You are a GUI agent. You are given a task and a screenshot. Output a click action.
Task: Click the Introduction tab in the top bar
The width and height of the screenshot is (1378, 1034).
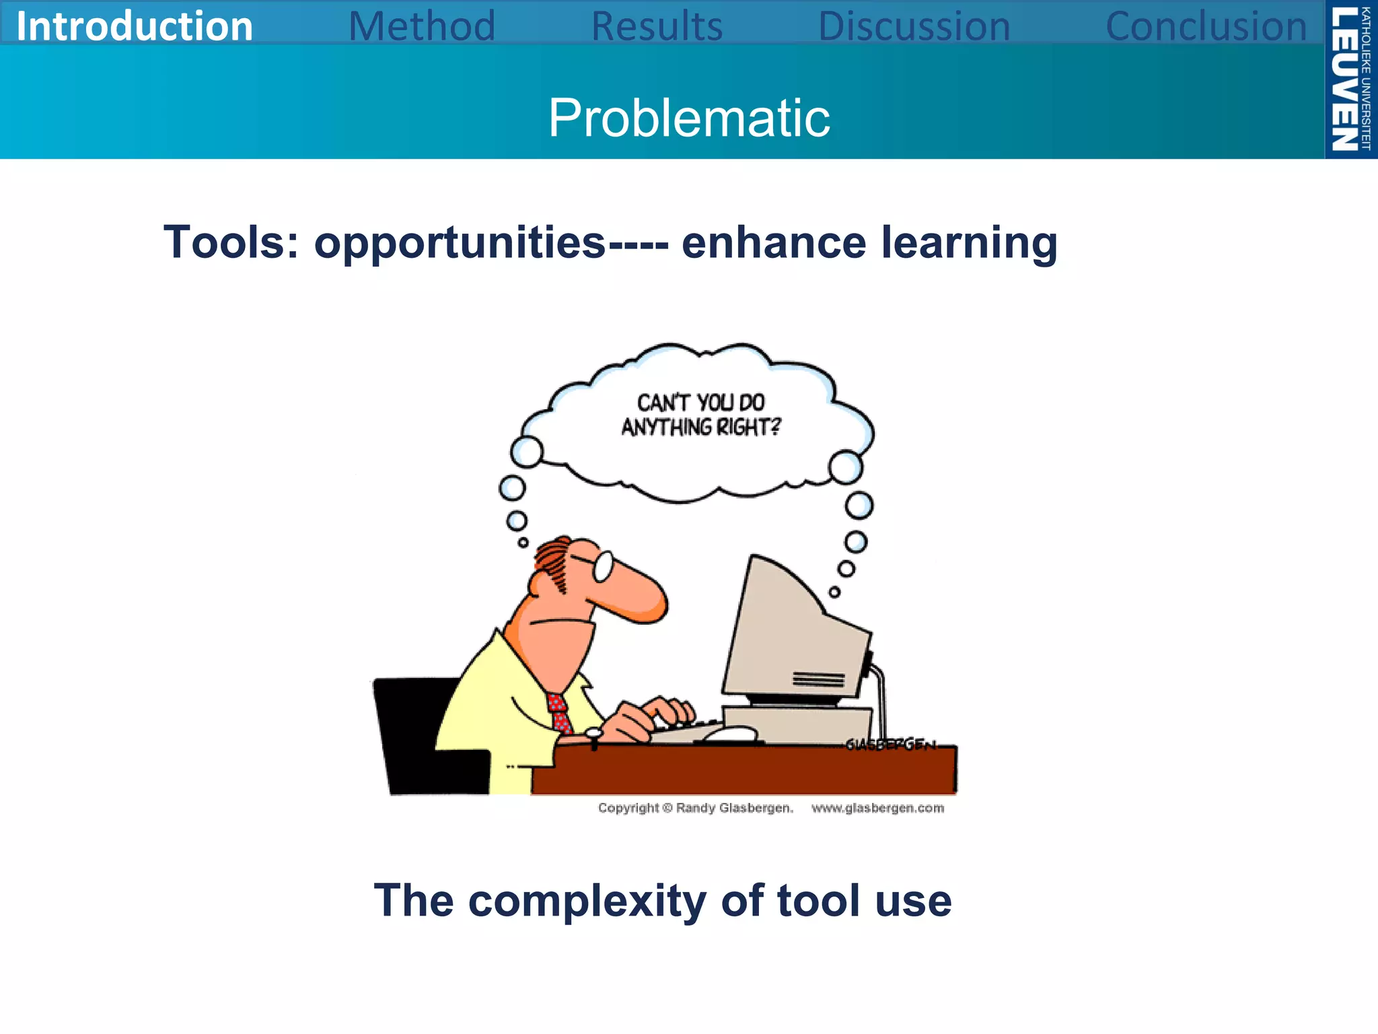(134, 26)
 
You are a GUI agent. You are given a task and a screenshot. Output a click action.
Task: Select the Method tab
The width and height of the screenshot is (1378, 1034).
(422, 26)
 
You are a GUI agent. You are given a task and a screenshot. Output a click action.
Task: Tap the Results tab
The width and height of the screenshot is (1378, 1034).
(657, 26)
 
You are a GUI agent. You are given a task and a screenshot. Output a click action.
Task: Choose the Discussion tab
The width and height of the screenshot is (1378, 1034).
(914, 26)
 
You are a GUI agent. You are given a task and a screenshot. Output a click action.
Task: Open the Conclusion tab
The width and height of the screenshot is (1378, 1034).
(1206, 26)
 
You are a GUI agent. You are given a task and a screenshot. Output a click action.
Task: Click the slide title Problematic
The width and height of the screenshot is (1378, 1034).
(689, 118)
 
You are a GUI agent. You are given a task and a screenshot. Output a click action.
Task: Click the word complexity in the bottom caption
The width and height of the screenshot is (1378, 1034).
(587, 901)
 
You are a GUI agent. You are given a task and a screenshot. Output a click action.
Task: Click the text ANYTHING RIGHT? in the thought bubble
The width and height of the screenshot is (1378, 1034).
(700, 427)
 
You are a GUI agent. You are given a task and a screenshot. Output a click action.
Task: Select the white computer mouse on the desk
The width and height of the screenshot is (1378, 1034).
(730, 734)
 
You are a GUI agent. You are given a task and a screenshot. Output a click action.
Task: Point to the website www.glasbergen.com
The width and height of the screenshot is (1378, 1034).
(877, 808)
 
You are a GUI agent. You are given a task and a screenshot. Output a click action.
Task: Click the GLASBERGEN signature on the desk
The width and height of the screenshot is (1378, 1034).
(890, 744)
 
